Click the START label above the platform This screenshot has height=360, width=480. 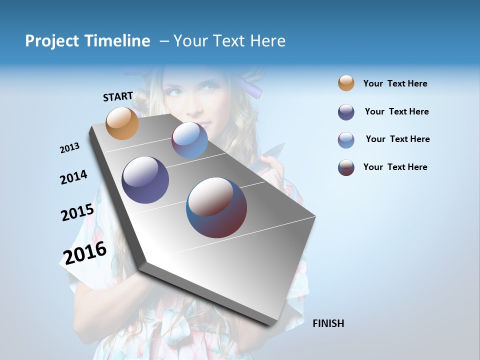coord(118,96)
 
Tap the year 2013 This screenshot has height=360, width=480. coord(70,148)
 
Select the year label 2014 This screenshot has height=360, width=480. coord(74,177)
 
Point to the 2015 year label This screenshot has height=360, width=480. coord(77,212)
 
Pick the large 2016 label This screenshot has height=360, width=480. coord(85,252)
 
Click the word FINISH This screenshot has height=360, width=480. coord(328,323)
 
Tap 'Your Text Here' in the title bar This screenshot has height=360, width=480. coord(229,41)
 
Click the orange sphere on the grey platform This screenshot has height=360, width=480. coord(122,123)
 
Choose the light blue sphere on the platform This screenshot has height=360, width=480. coord(189,140)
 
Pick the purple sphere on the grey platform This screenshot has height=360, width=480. coord(145,180)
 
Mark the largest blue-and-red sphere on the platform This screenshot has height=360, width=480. coord(216,207)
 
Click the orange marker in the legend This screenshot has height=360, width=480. coord(346,83)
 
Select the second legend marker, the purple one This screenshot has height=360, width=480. coord(346,112)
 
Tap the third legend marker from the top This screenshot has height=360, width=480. coord(346,140)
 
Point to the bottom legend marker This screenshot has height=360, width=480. coord(346,167)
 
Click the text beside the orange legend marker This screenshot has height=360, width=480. coord(395,83)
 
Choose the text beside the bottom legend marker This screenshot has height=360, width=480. coord(395,167)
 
